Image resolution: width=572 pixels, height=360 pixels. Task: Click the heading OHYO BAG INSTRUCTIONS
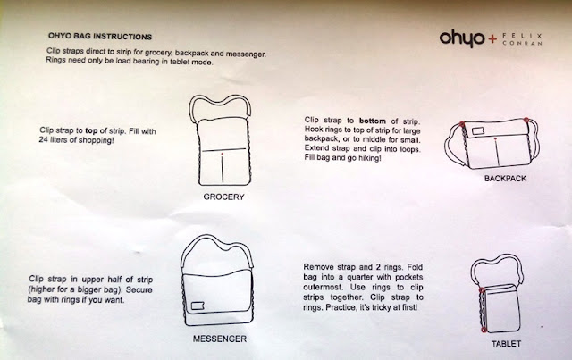(98, 38)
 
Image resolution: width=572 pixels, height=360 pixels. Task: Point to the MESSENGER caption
(219, 339)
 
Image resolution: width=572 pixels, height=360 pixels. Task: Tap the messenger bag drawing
(219, 281)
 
